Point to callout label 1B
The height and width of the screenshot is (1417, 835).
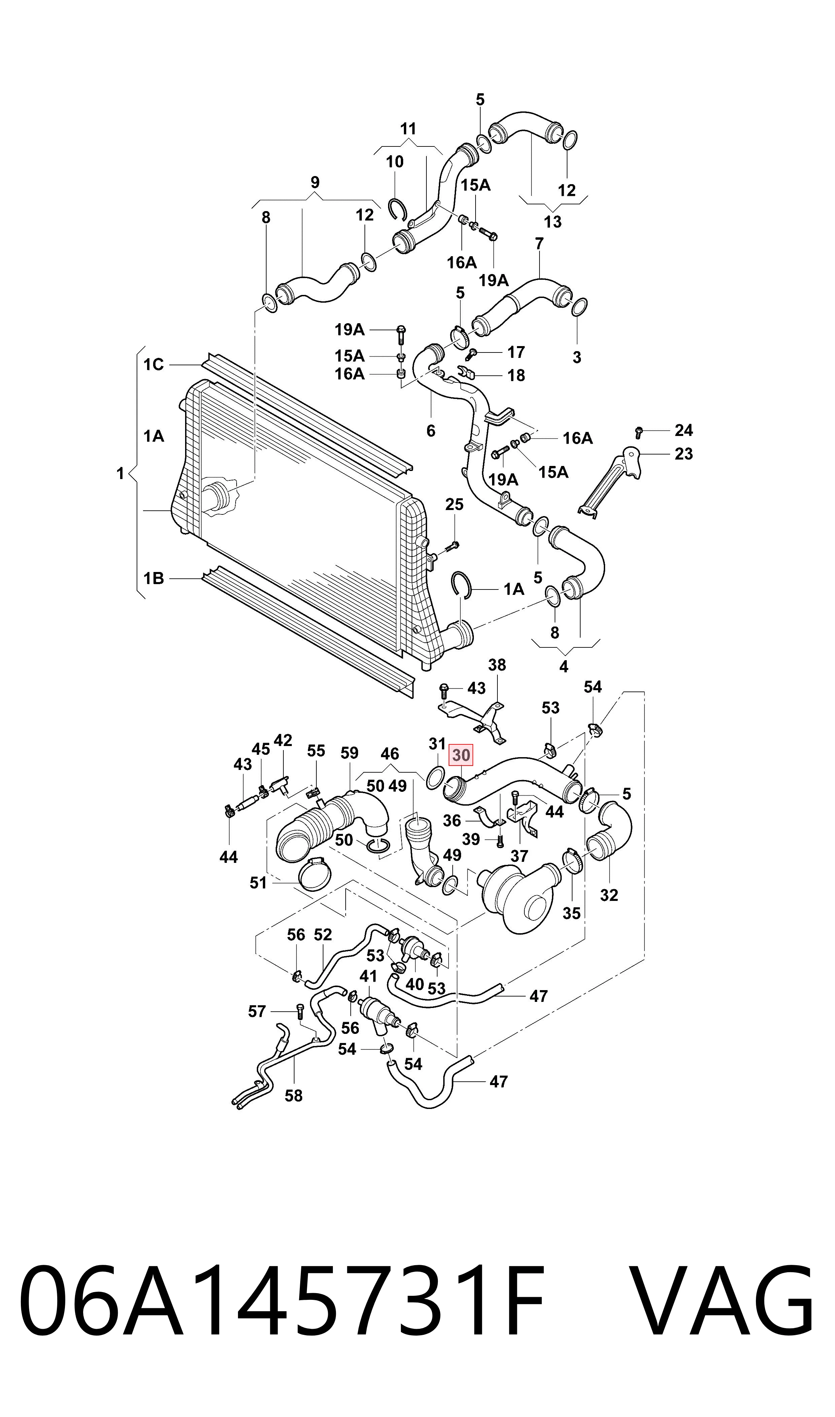(x=153, y=578)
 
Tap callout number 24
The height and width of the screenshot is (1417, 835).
(x=684, y=431)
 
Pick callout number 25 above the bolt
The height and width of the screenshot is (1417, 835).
(x=455, y=504)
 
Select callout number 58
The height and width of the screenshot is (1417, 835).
(x=294, y=1096)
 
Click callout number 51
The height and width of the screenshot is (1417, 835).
(x=258, y=883)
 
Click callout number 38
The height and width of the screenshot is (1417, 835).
(x=497, y=665)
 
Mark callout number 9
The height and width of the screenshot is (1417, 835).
(x=315, y=182)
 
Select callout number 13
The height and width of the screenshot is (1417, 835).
(x=553, y=222)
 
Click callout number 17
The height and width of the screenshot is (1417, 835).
(x=516, y=352)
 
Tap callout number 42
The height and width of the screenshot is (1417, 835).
(x=283, y=741)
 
